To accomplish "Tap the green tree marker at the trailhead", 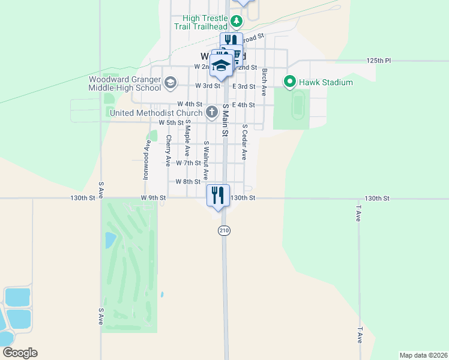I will (x=237, y=23).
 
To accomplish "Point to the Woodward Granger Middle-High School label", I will (x=125, y=83).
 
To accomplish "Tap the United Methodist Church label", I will (x=156, y=112).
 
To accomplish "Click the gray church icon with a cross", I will (x=212, y=112).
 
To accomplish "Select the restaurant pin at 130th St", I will (x=218, y=195).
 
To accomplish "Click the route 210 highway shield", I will (x=224, y=230).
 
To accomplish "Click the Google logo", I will (x=20, y=353).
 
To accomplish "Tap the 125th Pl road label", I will (x=379, y=61).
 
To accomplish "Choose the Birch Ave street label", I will (x=264, y=82).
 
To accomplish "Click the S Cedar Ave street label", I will (x=244, y=142).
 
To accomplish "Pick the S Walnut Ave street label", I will (x=206, y=160).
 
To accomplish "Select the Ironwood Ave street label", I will (x=146, y=160).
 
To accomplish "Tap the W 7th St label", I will (x=188, y=163).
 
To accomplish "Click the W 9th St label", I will (x=152, y=197).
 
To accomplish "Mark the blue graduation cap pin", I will (x=221, y=66).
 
